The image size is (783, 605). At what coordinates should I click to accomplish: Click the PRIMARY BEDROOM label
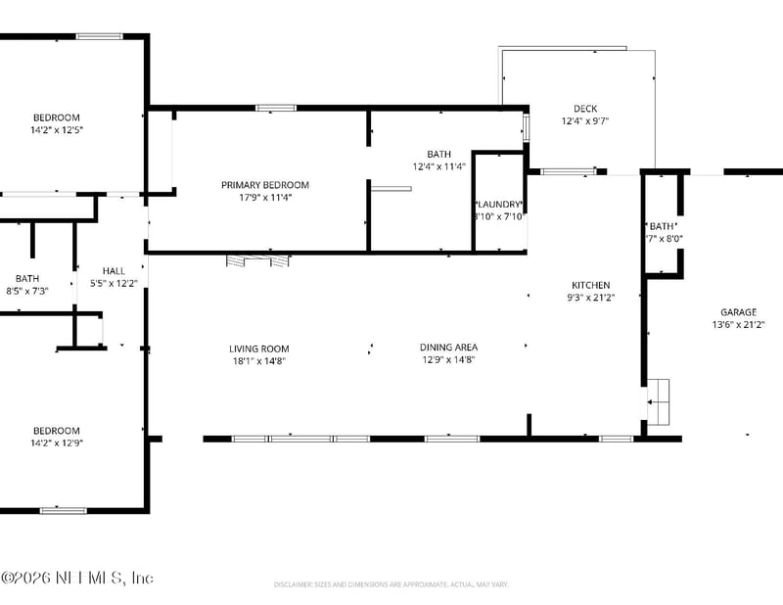pos(264,185)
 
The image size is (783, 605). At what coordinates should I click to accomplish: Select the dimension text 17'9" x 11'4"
pos(264,197)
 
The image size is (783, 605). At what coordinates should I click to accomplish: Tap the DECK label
pos(585,109)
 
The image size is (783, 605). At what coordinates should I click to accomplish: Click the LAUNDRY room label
pos(499,204)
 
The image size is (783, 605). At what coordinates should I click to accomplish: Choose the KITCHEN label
pos(590,285)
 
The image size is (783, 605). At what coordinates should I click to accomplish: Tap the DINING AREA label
pos(448,348)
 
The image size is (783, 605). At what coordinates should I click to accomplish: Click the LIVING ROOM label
pos(258,349)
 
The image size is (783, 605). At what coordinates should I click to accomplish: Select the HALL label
pos(115,271)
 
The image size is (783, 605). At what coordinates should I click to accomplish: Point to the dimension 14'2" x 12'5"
pos(56,129)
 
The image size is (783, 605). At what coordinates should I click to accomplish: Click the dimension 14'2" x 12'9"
pos(56,442)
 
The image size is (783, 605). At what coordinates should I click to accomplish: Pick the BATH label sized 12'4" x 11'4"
pos(438,154)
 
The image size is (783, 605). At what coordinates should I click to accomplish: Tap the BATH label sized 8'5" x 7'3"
pos(26,278)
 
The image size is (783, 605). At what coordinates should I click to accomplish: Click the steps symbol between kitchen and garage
pos(661,401)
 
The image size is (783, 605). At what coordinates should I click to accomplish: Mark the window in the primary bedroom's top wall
pos(269,107)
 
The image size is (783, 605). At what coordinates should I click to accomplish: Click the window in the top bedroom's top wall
pos(99,36)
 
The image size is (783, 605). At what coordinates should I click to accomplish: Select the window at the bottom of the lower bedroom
pos(63,510)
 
